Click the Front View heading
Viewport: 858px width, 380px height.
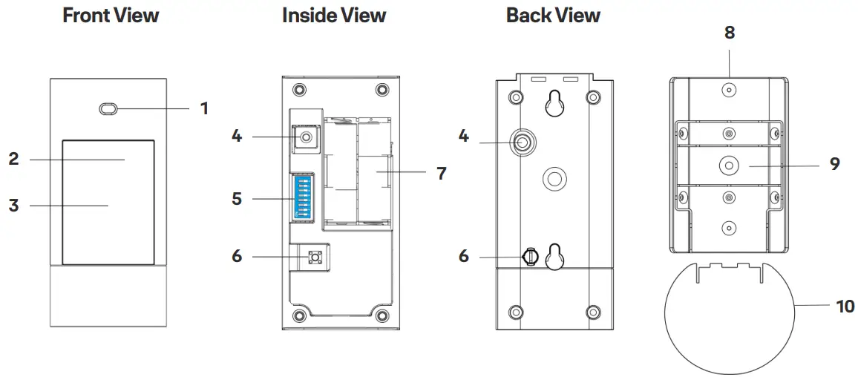coord(111,16)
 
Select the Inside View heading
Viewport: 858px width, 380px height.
coord(334,16)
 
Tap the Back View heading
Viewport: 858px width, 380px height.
coord(553,16)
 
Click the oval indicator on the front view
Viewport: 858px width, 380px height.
coord(108,109)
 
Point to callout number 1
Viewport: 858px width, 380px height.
coord(204,109)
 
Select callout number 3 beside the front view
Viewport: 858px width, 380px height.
coord(13,206)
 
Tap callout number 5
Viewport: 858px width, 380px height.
coord(237,199)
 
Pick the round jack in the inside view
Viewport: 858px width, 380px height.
coord(305,137)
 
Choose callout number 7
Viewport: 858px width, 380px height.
coord(441,173)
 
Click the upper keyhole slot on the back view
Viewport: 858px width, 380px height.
coord(553,103)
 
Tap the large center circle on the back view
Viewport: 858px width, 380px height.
coord(554,177)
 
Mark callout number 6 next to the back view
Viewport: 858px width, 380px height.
coord(464,256)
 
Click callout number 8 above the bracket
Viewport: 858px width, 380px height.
coord(729,33)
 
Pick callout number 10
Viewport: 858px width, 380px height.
coord(845,306)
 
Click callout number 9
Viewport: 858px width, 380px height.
coord(835,164)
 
